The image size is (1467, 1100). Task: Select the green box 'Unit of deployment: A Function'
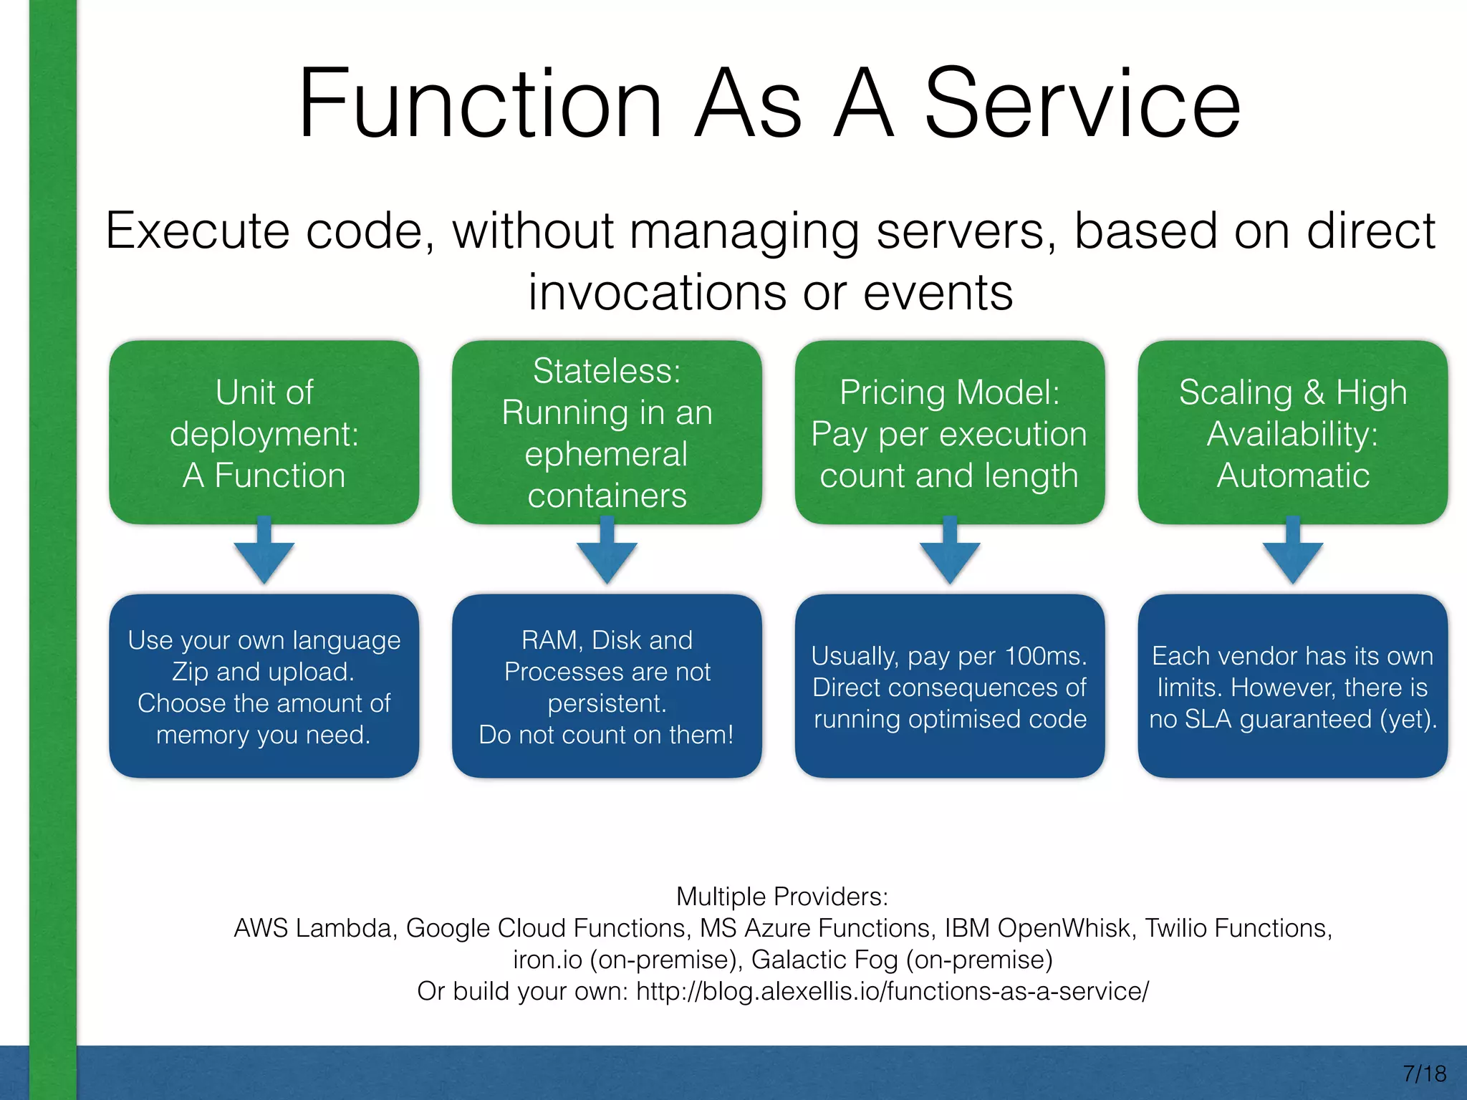[x=264, y=433]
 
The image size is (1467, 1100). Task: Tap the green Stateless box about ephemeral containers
[x=607, y=433]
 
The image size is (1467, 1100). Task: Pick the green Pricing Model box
[x=949, y=433]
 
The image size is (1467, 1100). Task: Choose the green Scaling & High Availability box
[x=1292, y=433]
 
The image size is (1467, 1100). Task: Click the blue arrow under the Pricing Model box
[x=950, y=553]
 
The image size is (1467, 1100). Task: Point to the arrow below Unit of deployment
[x=264, y=553]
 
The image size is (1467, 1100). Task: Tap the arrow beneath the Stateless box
[x=607, y=553]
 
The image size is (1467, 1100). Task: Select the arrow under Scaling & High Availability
[x=1292, y=553]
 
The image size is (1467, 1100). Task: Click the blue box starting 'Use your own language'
[x=264, y=686]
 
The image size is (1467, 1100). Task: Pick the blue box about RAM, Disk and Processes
[x=607, y=686]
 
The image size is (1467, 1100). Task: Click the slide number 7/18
[x=1424, y=1074]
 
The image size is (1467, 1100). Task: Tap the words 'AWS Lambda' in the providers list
[x=314, y=928]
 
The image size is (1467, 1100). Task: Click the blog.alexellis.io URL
[x=892, y=991]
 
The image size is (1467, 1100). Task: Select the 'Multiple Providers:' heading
[x=782, y=897]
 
